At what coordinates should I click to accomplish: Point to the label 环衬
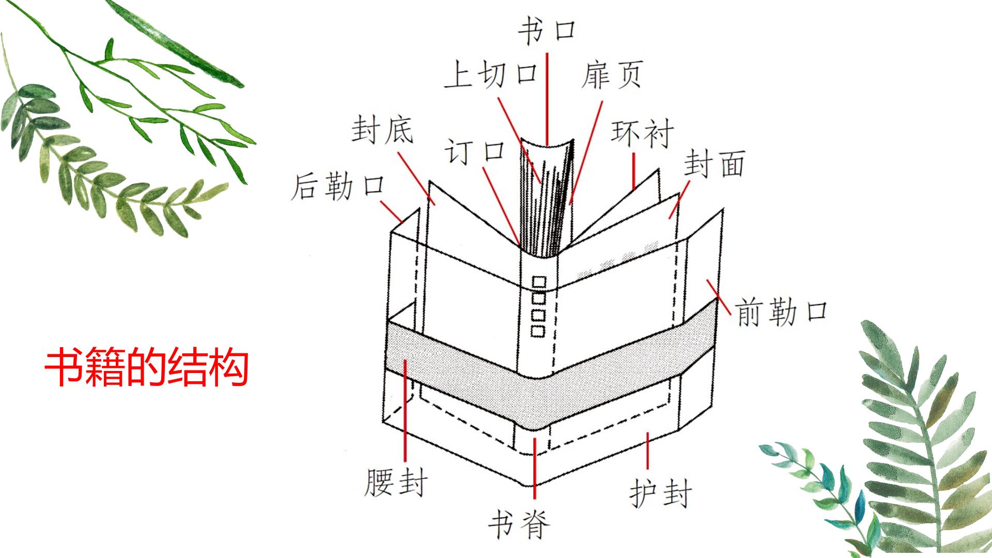(642, 133)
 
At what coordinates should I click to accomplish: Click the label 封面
(715, 164)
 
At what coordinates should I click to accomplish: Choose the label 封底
(383, 129)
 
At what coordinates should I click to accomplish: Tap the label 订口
(475, 151)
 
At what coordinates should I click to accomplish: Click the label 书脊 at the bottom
(519, 525)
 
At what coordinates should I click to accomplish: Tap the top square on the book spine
(538, 282)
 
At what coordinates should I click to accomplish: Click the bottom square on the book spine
(538, 331)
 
